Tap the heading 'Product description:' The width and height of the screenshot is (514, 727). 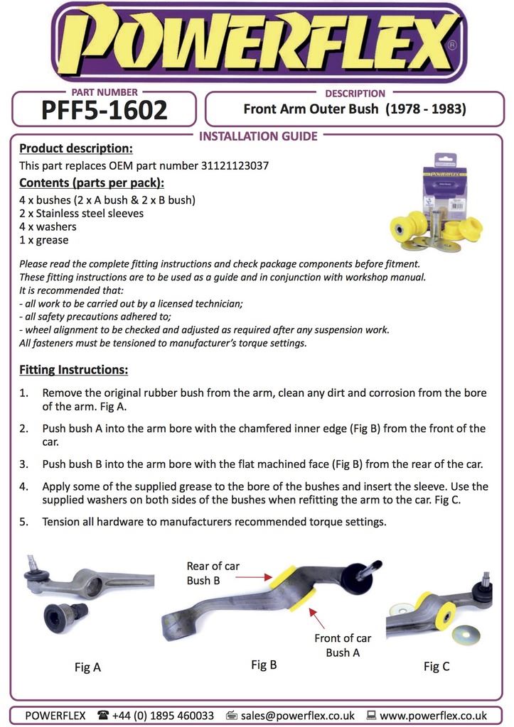[x=75, y=148]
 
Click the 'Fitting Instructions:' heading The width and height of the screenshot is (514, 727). [x=73, y=370]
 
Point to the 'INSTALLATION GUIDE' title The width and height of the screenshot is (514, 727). [x=258, y=136]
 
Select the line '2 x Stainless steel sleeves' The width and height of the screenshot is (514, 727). [x=81, y=213]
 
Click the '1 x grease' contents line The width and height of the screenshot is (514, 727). [x=43, y=240]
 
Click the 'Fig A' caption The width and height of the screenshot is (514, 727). [x=87, y=667]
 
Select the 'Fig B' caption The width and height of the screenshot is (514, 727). [x=264, y=665]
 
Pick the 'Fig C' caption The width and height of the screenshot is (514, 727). [x=437, y=666]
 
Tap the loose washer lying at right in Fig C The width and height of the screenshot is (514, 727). [x=466, y=634]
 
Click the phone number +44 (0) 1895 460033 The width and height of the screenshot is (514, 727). [x=163, y=715]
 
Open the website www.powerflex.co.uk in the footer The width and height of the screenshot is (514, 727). [x=434, y=715]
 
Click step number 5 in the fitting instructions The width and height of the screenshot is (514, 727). [x=23, y=522]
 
